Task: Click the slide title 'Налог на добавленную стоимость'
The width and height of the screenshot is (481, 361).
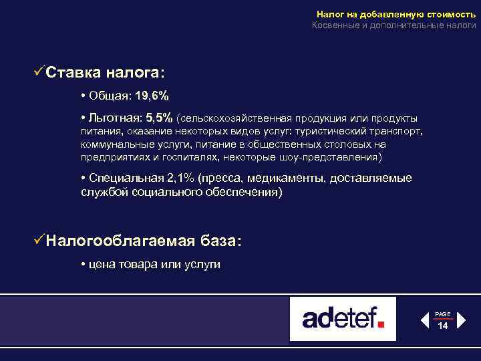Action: point(396,14)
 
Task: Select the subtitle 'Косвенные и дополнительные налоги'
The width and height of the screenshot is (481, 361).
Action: point(394,25)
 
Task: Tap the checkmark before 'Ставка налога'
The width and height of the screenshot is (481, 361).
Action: point(39,71)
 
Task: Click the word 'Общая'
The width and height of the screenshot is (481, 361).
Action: point(106,95)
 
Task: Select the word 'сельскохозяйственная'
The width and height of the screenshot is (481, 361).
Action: point(232,118)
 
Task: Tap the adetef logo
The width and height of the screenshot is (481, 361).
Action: point(343,318)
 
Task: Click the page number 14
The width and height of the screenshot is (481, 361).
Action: point(442,326)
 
